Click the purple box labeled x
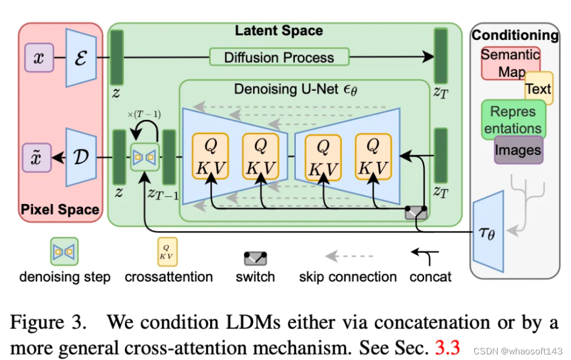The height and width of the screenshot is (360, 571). pos(39,58)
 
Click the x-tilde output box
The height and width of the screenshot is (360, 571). pos(38,157)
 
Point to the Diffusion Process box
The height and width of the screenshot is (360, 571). pos(279,57)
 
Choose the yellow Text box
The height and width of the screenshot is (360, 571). pos(538,89)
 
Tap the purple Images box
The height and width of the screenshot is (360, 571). pos(518,150)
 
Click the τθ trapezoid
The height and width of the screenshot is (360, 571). pos(488,233)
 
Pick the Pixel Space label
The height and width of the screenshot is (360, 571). pos(60,210)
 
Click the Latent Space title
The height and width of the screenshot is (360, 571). pos(278,31)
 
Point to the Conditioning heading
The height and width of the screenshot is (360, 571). pos(515,35)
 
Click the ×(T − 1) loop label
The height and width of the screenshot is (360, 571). pos(144,114)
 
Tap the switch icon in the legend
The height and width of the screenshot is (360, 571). pos(255,259)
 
